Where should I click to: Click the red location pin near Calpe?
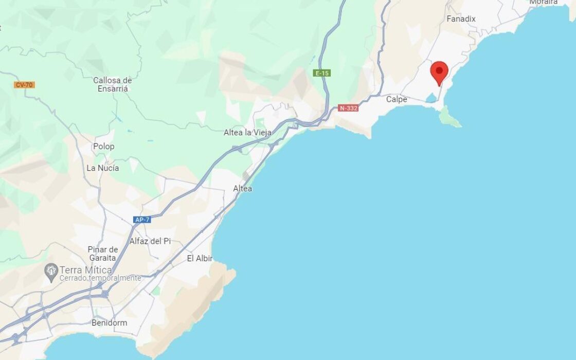(x=439, y=71)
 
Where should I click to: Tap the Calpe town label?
(x=397, y=99)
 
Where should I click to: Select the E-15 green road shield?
(x=322, y=73)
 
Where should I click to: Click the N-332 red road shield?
(x=348, y=109)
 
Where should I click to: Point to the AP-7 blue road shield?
(x=141, y=220)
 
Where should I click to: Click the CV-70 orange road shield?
(x=24, y=84)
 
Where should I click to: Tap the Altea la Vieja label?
(x=247, y=133)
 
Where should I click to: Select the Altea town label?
(x=243, y=189)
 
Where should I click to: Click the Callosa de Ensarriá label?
(x=113, y=84)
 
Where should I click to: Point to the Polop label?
(x=104, y=147)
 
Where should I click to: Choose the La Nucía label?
(x=103, y=168)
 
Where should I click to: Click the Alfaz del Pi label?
(x=150, y=241)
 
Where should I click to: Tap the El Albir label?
(x=200, y=259)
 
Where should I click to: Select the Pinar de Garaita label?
(x=102, y=254)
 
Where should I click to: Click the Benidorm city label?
(x=109, y=323)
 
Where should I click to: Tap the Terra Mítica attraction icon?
(x=51, y=271)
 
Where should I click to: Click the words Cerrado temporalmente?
(x=100, y=278)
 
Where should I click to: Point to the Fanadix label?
(x=461, y=19)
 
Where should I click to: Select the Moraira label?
(x=543, y=2)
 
